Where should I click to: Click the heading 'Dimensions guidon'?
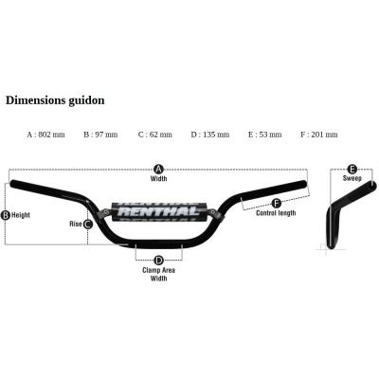55,100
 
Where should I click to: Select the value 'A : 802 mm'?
45,135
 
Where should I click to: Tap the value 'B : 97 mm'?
100,135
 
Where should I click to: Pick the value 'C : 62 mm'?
155,135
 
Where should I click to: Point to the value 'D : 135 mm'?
210,135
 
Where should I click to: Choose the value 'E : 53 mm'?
265,135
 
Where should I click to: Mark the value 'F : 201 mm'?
319,135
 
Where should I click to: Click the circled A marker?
159,170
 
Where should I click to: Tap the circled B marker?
6,215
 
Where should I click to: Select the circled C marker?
87,225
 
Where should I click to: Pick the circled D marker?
158,261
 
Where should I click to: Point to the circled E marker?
352,169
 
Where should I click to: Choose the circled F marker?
276,203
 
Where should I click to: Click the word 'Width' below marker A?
158,179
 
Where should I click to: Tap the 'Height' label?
21,215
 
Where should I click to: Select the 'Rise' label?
76,224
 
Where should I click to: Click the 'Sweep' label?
352,178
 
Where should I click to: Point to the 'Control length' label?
276,213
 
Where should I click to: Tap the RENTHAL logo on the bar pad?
158,211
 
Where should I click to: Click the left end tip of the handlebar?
11,183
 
